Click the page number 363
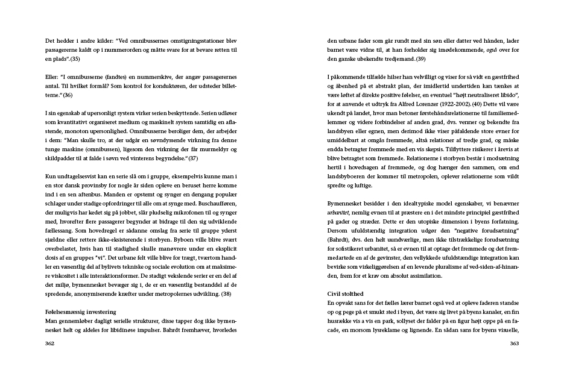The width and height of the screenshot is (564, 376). pos(514,343)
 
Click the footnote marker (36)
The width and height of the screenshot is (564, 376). pos(67,95)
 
